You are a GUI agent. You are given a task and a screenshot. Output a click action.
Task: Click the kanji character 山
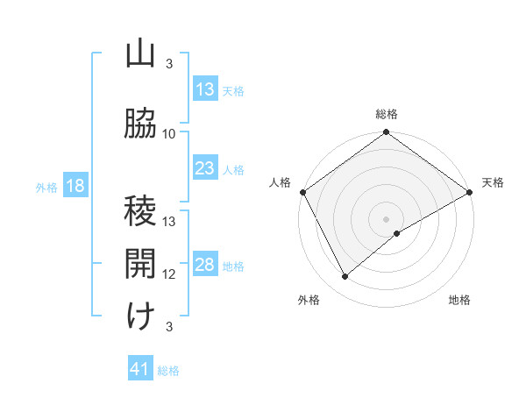(x=140, y=54)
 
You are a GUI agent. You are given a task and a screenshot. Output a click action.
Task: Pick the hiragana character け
(x=140, y=316)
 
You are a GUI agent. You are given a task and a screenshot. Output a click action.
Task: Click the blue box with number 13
(x=205, y=89)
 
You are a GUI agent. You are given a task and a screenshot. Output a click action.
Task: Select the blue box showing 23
(x=205, y=168)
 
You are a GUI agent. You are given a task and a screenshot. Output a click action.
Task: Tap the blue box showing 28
(x=205, y=265)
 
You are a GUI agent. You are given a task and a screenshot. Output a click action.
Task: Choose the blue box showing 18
(x=75, y=186)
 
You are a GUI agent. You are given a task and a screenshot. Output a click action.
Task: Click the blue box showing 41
(x=140, y=369)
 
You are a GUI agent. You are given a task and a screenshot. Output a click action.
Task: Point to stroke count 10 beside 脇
(x=169, y=134)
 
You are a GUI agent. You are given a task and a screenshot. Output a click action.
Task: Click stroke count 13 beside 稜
(x=169, y=222)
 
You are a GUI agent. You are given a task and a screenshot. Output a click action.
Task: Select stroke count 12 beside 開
(x=169, y=274)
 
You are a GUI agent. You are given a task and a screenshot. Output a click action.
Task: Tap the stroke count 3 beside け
(x=169, y=327)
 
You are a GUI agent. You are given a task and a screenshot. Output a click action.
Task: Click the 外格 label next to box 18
(x=46, y=187)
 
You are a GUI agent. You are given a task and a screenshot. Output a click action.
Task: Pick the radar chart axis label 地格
(x=459, y=300)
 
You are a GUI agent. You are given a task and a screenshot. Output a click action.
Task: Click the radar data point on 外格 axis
(x=345, y=276)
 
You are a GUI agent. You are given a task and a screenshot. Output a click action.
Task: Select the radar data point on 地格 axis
(x=397, y=233)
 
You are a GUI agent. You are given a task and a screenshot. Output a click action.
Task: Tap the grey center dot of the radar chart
(x=386, y=218)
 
